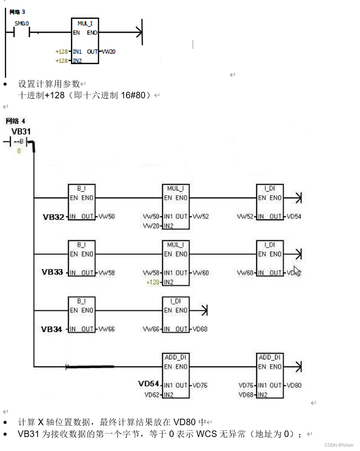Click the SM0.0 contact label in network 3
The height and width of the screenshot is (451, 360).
(21, 23)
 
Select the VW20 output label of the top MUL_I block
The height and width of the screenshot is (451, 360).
(108, 52)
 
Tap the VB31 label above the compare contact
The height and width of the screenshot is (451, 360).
(21, 132)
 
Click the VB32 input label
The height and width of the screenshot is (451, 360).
(53, 216)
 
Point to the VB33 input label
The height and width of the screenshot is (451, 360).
(52, 272)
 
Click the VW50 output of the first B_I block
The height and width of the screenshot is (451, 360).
(107, 216)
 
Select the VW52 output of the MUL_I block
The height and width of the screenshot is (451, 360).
(201, 216)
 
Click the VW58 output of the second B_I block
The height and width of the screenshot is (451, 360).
(107, 273)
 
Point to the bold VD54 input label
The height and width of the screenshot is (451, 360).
(149, 384)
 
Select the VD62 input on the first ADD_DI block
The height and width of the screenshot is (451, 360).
(153, 395)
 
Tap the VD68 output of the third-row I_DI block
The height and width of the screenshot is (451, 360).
(200, 329)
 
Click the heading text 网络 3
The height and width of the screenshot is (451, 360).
(17, 12)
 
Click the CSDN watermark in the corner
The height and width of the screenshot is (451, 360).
(339, 445)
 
